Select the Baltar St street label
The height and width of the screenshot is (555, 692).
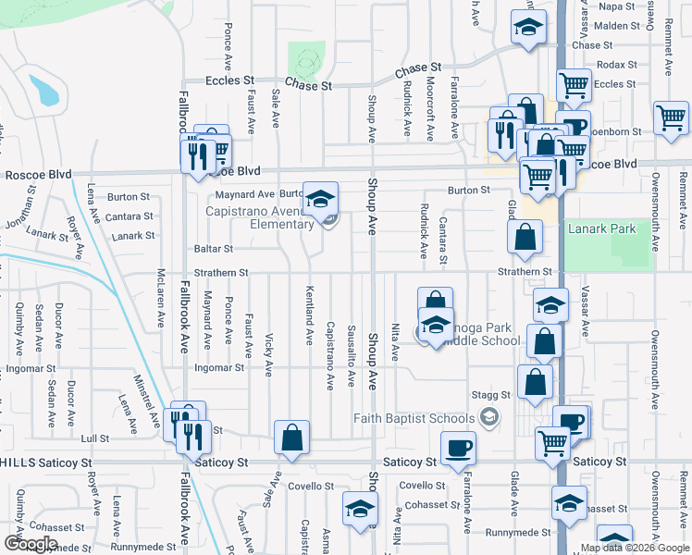pos(214,249)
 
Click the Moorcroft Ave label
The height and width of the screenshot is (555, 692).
pos(429,109)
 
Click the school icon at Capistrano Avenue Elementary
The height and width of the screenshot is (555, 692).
pos(320,199)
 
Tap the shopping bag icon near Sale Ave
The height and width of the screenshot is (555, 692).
pos(291,439)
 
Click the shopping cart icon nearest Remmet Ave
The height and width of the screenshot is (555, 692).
pos(671,118)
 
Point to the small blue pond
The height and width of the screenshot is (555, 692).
pos(43,90)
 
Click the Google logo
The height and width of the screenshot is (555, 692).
pos(31,544)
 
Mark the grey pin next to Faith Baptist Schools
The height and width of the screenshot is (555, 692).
pos(491,417)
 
